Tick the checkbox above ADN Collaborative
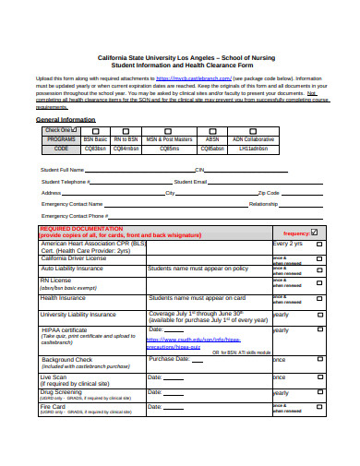[x=253, y=131]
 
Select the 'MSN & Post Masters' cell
[x=169, y=138]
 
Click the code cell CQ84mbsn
[x=126, y=148]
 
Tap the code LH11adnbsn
[x=253, y=148]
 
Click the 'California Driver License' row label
[x=73, y=258]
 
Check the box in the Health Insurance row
[x=319, y=299]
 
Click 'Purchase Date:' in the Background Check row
[x=170, y=359]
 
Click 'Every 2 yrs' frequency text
[x=287, y=244]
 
